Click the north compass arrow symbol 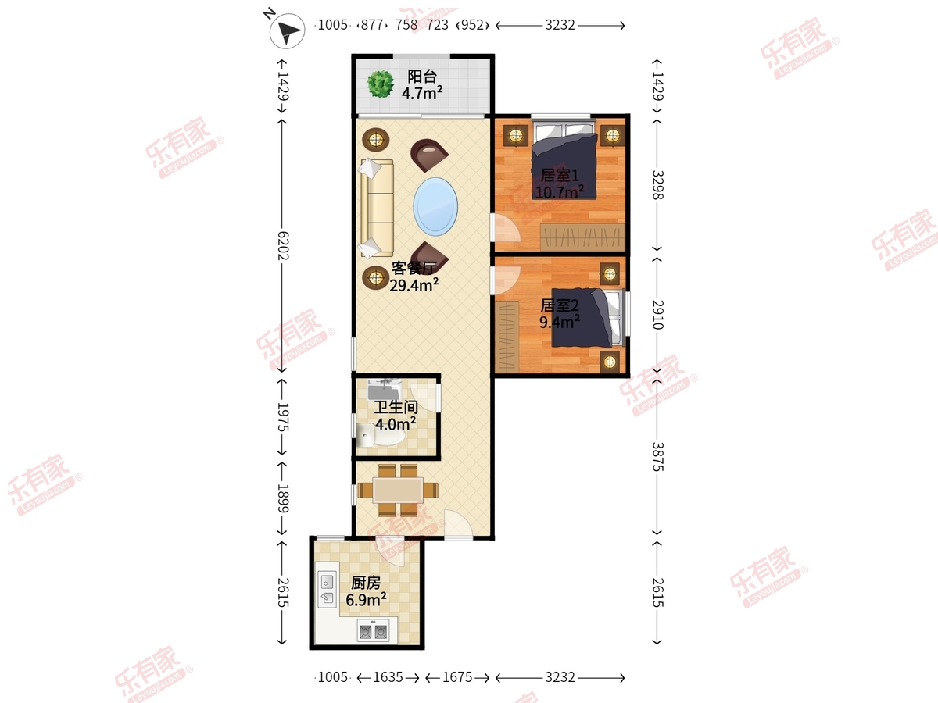(287, 30)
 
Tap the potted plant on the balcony (381, 84)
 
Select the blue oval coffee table (435, 206)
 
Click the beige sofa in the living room (377, 208)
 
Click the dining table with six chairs (398, 490)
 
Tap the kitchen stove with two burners (373, 631)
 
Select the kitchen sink (328, 590)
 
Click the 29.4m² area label (414, 285)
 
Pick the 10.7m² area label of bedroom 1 (560, 192)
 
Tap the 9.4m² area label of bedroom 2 (560, 322)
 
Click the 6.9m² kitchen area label (367, 600)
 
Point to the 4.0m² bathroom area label (396, 424)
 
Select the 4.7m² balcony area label (422, 93)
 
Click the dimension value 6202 (283, 246)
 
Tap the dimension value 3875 (657, 457)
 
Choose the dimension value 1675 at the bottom (457, 677)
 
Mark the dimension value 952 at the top (472, 25)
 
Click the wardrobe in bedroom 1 (582, 237)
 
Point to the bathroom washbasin (383, 389)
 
